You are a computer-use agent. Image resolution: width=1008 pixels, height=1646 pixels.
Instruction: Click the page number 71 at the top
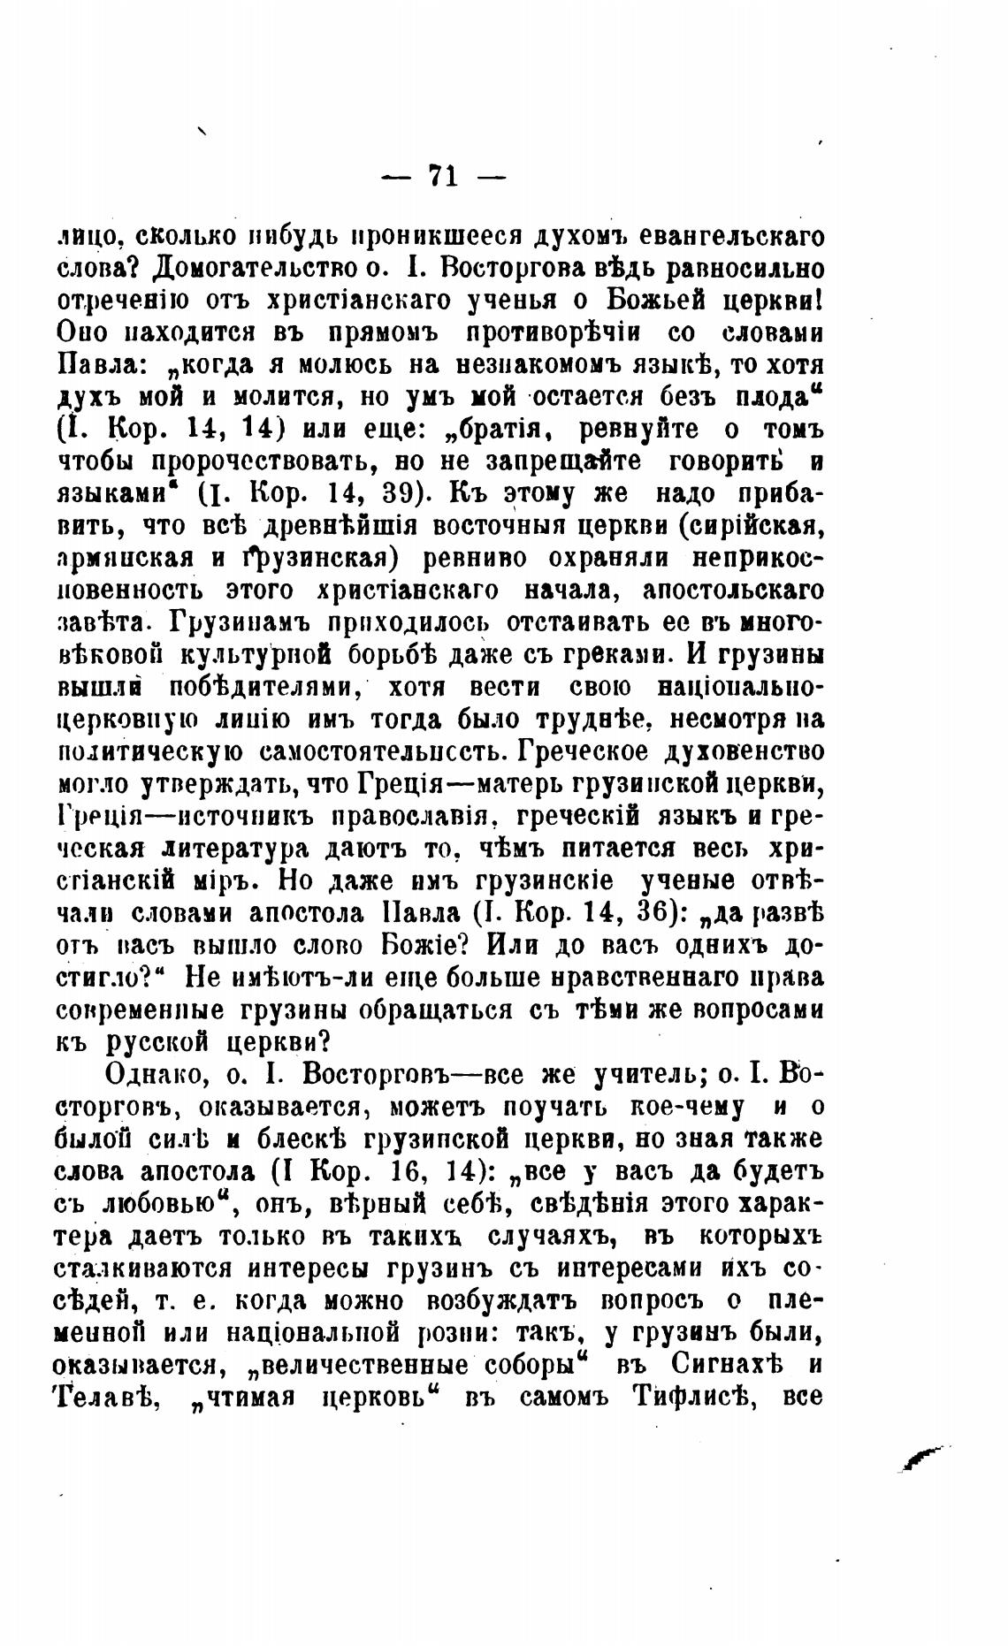coord(442,176)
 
